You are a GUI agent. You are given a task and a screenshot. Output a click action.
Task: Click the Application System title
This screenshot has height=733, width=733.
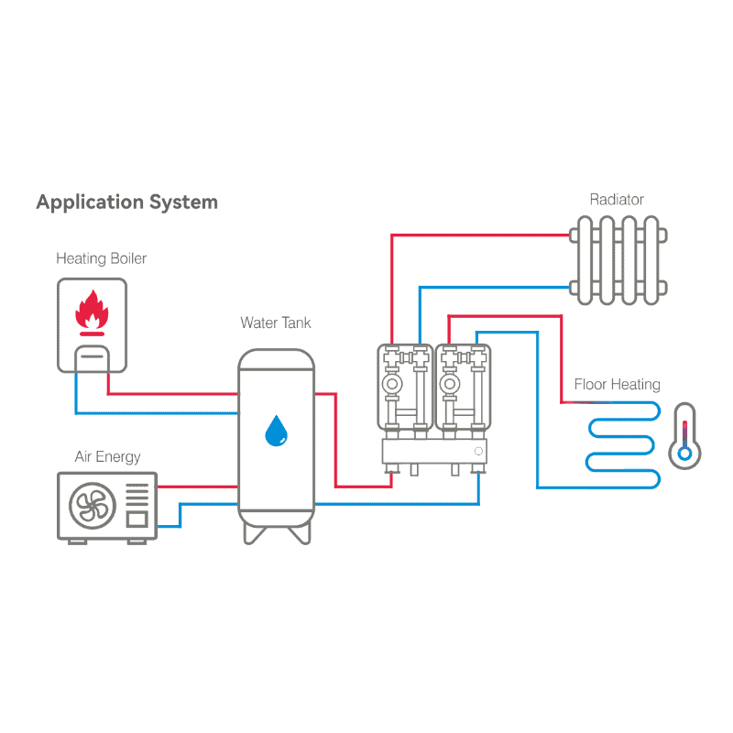(126, 202)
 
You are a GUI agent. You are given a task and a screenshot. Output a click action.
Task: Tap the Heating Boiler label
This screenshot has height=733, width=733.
(101, 258)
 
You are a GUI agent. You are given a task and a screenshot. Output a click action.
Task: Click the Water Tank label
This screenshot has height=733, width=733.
(275, 323)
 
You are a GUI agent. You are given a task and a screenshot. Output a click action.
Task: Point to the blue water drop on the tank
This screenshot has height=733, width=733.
(276, 431)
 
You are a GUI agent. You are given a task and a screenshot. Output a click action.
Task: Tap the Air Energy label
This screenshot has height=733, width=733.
(107, 456)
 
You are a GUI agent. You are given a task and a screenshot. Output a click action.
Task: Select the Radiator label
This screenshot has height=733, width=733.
(616, 199)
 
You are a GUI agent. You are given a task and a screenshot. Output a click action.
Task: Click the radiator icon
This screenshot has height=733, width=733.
(616, 260)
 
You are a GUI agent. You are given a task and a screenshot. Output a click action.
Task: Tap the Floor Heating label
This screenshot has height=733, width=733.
(617, 384)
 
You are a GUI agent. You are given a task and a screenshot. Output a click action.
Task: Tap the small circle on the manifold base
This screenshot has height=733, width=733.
(477, 452)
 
